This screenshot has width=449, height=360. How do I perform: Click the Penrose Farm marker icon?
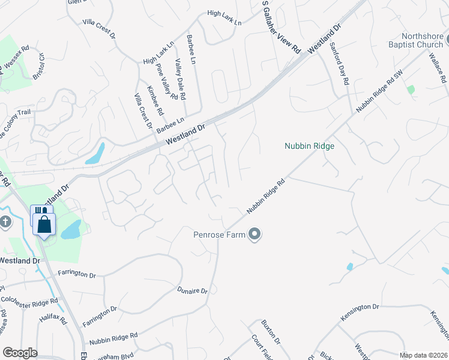255,235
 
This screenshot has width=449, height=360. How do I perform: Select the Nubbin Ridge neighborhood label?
309,146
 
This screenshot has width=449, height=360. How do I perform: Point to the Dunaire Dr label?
192,290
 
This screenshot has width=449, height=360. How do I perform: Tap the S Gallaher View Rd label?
280,27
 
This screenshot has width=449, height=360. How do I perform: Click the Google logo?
20,353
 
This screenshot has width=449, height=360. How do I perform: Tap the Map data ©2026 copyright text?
424,355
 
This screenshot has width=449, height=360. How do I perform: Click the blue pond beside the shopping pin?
71,229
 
